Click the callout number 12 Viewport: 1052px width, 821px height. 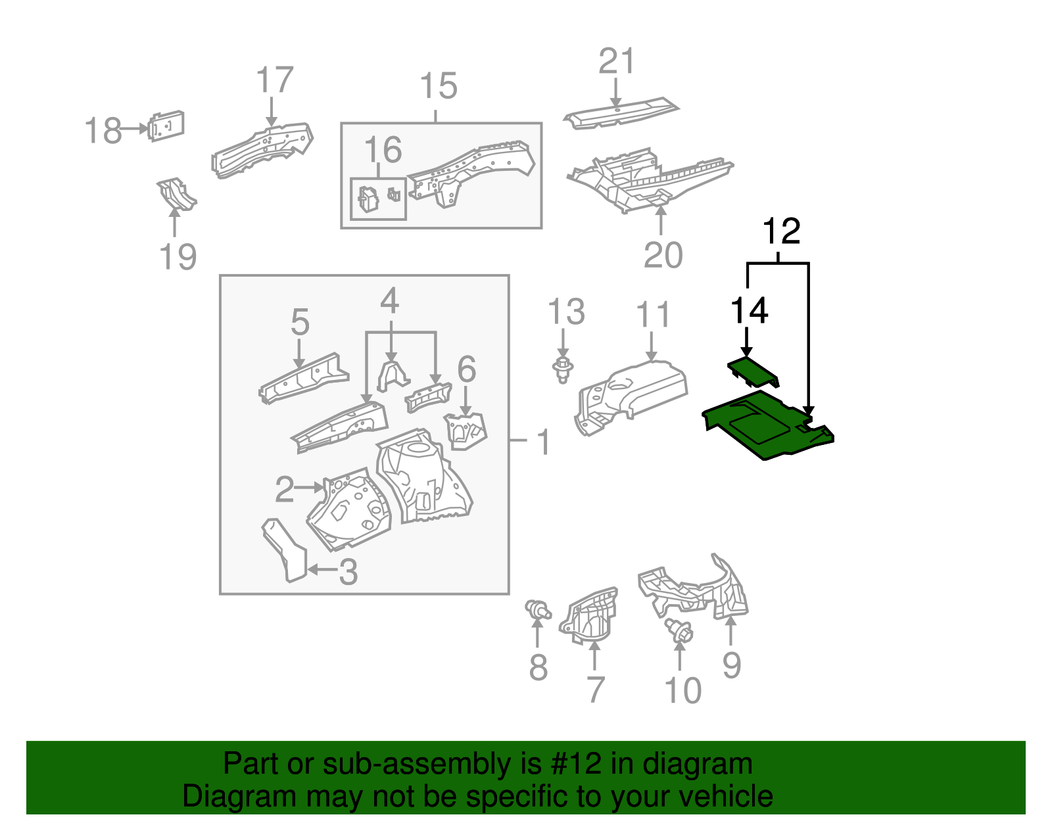[x=781, y=231]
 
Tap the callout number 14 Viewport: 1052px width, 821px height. [x=749, y=310]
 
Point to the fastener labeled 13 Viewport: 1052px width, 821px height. [x=562, y=370]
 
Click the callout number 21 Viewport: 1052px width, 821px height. [x=616, y=61]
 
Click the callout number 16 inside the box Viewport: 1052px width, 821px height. [x=383, y=150]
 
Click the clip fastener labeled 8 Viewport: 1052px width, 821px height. [x=538, y=609]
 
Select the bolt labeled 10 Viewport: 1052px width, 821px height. [x=679, y=630]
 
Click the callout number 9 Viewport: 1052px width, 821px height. [x=731, y=665]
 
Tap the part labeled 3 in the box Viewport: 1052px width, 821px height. [x=285, y=550]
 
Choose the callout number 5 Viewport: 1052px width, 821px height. [x=300, y=322]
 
